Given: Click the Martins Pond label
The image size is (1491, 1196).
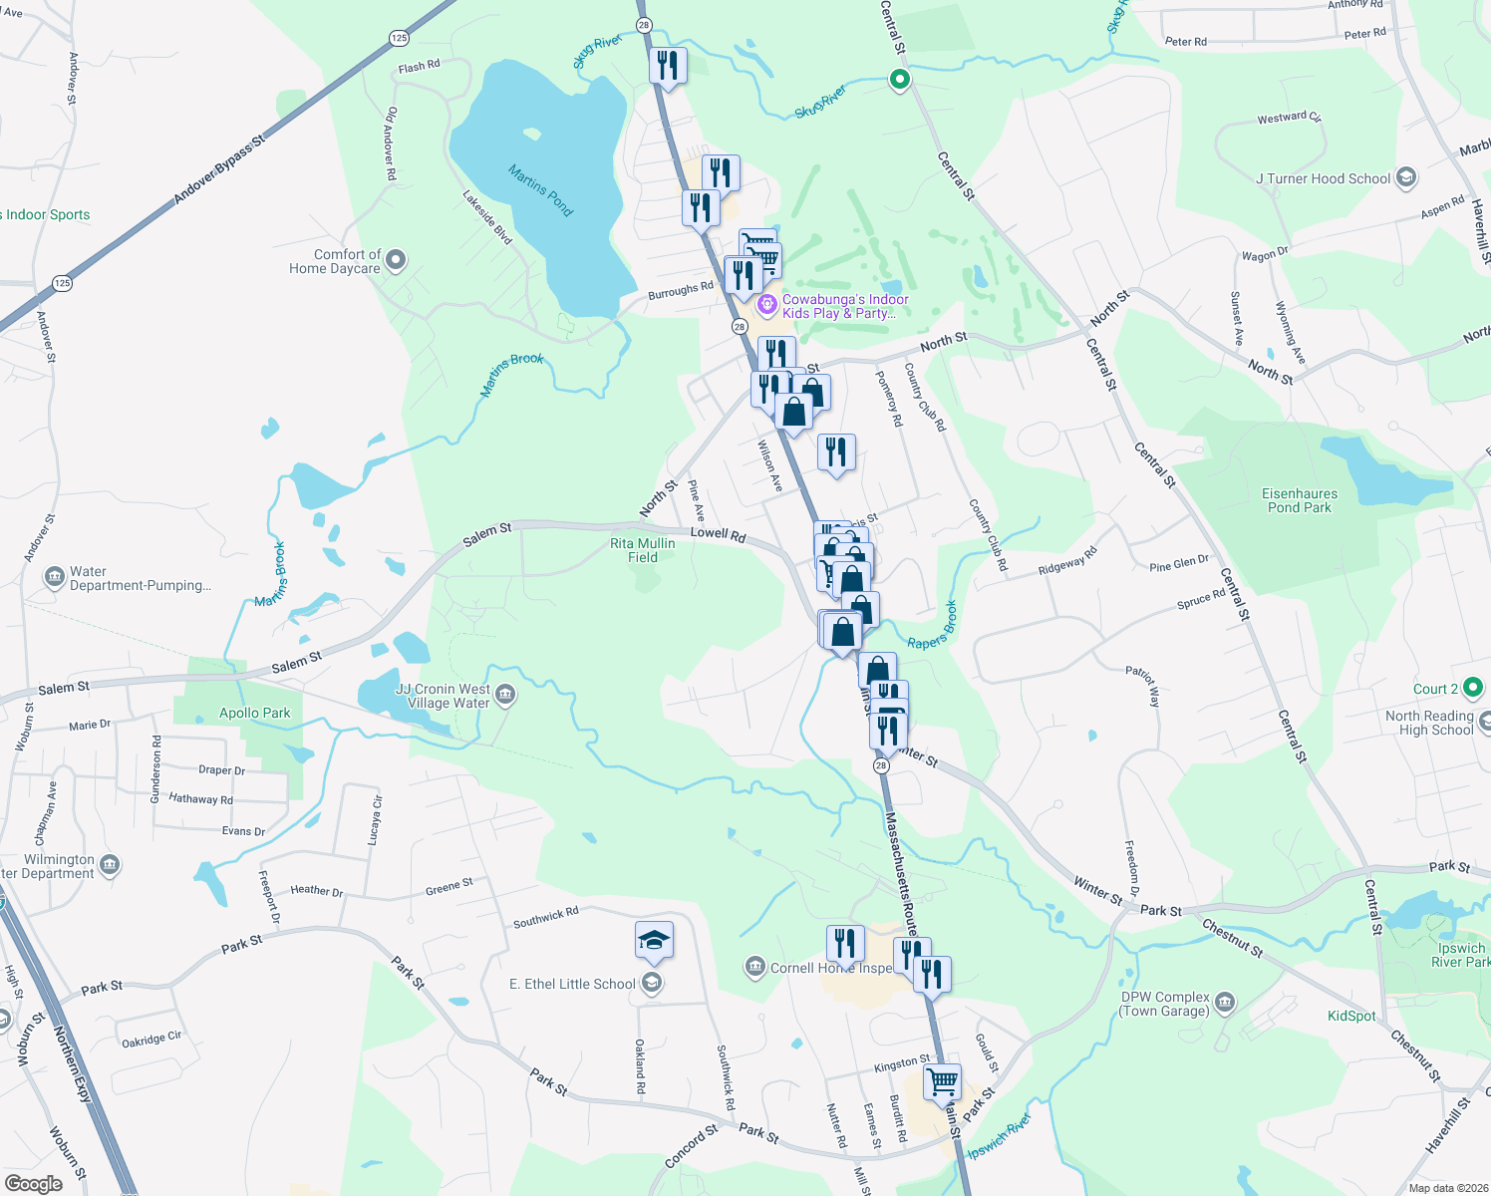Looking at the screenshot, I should pos(540,189).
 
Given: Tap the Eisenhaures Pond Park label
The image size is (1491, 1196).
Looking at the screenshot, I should pos(1300,500).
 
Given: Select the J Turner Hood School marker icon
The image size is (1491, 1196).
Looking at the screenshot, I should pos(1405,178).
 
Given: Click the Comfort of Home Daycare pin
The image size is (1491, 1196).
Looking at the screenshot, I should pos(396,261).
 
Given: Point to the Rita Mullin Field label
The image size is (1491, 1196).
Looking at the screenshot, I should pos(642,550).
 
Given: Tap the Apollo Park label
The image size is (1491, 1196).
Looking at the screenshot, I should pos(255,713).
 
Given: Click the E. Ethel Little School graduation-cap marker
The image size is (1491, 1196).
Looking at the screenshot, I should pos(653,940).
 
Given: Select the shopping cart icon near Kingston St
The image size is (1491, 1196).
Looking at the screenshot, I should pos(942,1080).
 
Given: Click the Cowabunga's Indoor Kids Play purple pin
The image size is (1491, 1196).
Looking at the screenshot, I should pos(766,304).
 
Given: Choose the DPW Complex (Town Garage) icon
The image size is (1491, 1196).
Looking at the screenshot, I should pos(1225,1002).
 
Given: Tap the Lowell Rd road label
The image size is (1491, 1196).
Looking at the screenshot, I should pos(718,534).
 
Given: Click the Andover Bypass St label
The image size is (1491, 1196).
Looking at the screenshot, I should pos(220,169).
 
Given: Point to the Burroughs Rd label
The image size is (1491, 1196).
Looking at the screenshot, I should pos(681,291).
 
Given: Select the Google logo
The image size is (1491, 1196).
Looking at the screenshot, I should pos(33,1183).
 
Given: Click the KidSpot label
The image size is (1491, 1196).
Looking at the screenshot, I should pos(1351,1016).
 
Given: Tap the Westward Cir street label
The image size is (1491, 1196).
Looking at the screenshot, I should pos(1289,118).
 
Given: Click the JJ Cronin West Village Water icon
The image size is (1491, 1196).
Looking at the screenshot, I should pos(505,695).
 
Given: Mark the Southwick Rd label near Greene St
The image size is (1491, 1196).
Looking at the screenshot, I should pos(545,917).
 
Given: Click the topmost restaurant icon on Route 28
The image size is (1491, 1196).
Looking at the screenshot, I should pos(668,66).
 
